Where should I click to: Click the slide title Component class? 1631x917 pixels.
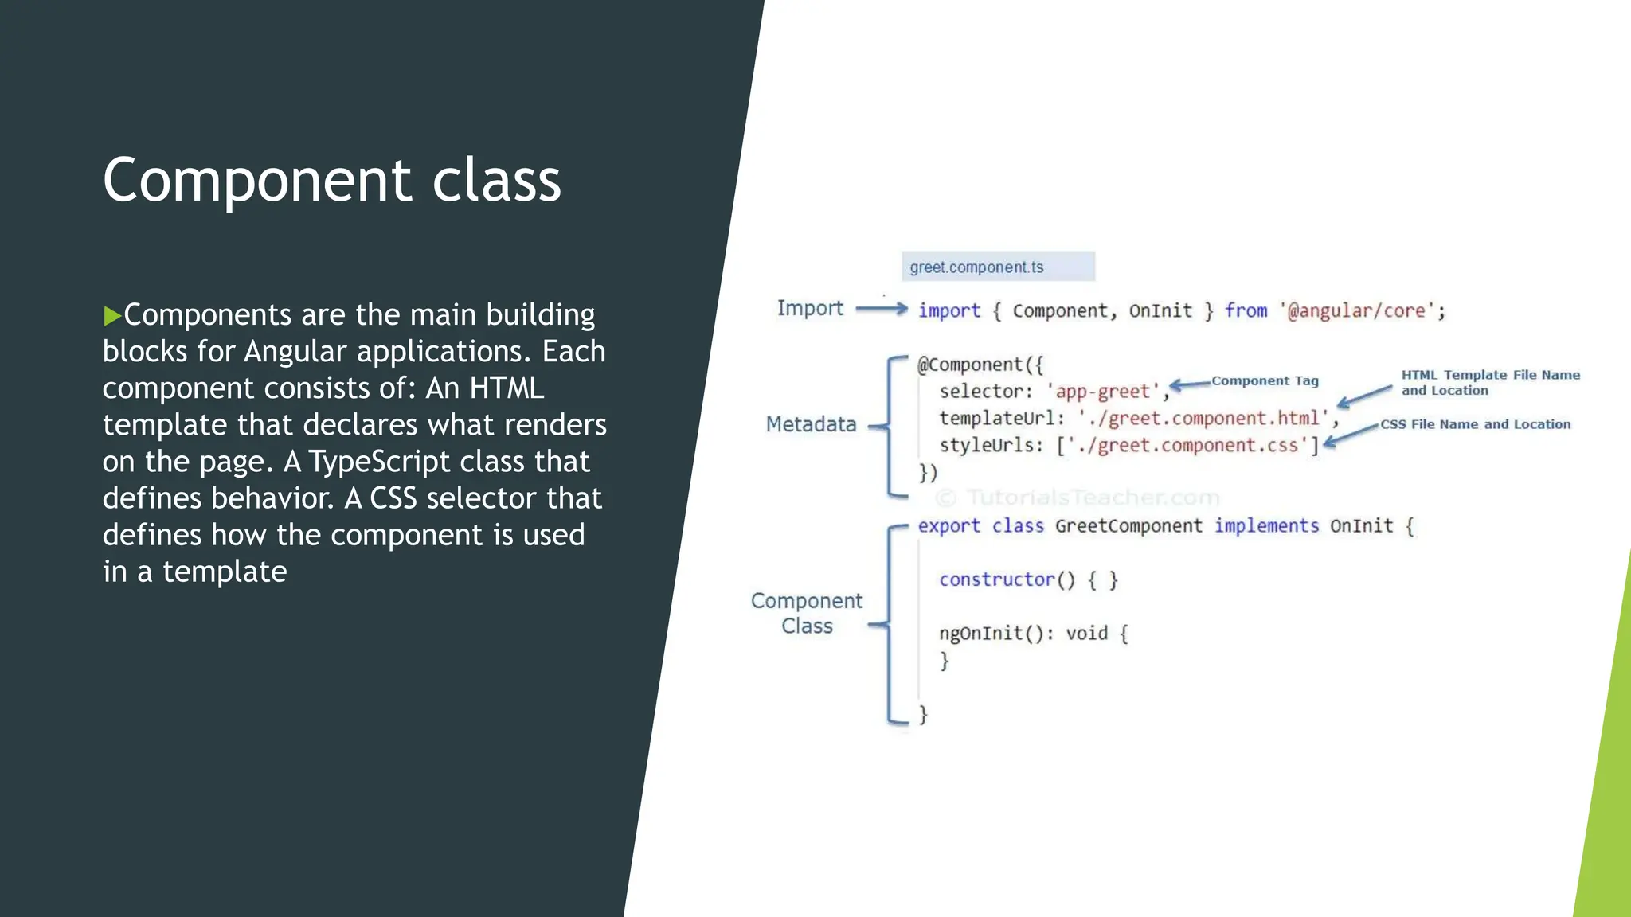[x=332, y=180]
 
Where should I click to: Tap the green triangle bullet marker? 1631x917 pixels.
[x=111, y=316]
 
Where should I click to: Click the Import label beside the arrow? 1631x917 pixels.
[x=809, y=308]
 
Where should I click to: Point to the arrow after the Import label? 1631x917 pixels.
[x=881, y=308]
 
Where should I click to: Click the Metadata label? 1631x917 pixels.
[x=811, y=424]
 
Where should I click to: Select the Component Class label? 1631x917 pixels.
[x=807, y=613]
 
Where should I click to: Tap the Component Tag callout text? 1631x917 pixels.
[x=1265, y=380]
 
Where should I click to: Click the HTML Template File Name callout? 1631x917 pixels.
[x=1490, y=382]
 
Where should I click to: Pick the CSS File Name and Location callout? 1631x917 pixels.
[x=1475, y=424]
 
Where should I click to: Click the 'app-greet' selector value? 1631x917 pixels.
[x=1103, y=392]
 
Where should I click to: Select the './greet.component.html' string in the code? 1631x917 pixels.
[x=1203, y=418]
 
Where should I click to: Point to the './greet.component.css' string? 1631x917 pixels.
[x=1187, y=445]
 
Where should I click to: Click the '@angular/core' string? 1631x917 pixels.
[x=1361, y=310]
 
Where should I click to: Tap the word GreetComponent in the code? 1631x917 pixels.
[x=1128, y=525]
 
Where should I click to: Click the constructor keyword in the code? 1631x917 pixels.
[x=997, y=579]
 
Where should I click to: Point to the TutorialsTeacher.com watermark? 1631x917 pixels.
[x=1078, y=498]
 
